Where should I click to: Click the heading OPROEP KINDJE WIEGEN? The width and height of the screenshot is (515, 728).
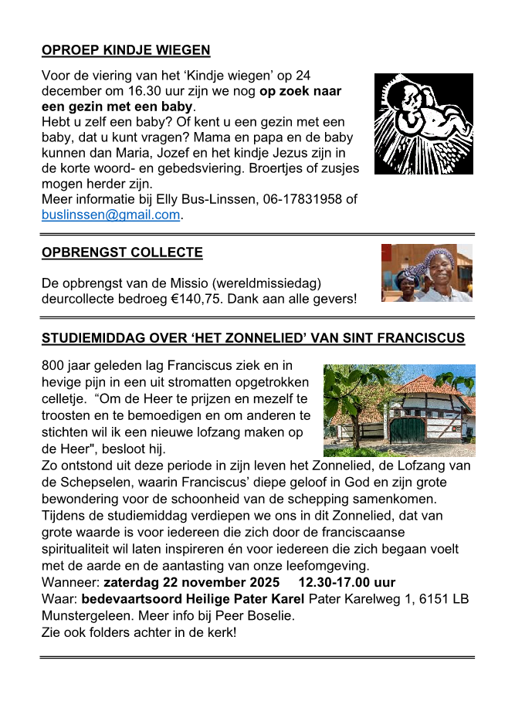pyautogui.click(x=126, y=51)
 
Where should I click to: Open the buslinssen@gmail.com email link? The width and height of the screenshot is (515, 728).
pyautogui.click(x=110, y=215)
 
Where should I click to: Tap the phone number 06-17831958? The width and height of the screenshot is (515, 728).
pyautogui.click(x=300, y=200)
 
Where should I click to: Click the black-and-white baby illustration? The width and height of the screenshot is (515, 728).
pyautogui.click(x=423, y=124)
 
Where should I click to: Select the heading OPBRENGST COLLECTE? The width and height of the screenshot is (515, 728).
pyautogui.click(x=122, y=252)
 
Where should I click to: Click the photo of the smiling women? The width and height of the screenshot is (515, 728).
pyautogui.click(x=426, y=273)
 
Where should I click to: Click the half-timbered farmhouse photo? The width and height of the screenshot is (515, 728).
pyautogui.click(x=398, y=410)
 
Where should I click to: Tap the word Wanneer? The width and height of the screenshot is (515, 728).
pyautogui.click(x=70, y=582)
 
